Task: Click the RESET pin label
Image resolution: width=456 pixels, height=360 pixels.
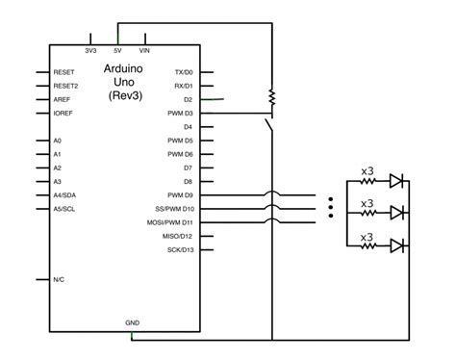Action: tap(64, 72)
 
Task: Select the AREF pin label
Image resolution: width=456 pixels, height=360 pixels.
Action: tap(63, 99)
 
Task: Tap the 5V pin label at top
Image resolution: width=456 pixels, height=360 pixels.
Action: tap(117, 49)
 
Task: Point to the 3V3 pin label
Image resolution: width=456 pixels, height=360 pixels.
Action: tap(90, 49)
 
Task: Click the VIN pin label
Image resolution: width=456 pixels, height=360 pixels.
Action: tap(144, 49)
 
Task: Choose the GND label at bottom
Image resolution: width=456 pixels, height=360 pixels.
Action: tap(132, 321)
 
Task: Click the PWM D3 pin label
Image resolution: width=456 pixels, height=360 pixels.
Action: tap(181, 113)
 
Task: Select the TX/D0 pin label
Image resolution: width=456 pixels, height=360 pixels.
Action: tap(184, 72)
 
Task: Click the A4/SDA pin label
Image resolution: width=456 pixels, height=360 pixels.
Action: tap(66, 194)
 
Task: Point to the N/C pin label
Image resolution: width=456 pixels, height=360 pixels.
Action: tap(61, 280)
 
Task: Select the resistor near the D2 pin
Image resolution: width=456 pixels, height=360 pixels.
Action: tap(273, 97)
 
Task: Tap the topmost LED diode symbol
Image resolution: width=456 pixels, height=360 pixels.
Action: tap(395, 180)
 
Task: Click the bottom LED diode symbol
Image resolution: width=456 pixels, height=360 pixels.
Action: tap(395, 245)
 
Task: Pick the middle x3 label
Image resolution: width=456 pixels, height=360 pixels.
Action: tap(367, 203)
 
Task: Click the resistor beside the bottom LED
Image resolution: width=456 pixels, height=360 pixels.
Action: tap(367, 246)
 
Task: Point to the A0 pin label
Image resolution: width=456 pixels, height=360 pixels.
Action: tap(58, 141)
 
